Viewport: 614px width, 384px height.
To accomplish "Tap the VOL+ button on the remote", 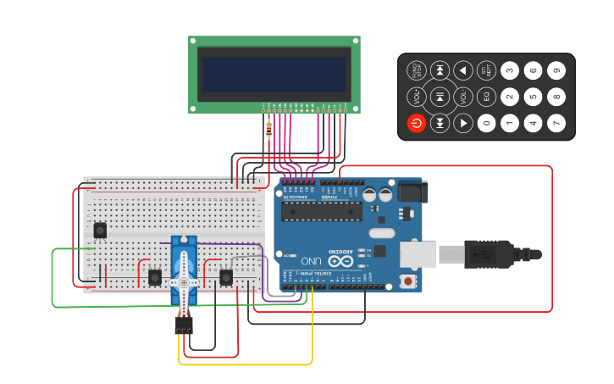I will click(x=416, y=97).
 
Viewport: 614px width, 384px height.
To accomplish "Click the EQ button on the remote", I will click(x=486, y=97).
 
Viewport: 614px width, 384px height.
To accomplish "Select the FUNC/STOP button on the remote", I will click(x=416, y=70).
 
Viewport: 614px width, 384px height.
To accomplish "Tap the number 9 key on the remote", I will click(x=556, y=70).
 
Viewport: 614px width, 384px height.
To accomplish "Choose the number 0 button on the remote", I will click(x=486, y=124).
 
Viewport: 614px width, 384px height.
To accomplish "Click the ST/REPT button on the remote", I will click(x=486, y=70).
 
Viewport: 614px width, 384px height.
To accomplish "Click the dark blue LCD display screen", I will click(x=274, y=75).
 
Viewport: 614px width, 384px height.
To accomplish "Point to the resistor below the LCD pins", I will click(x=269, y=126).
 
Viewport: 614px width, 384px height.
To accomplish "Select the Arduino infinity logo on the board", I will click(x=340, y=262).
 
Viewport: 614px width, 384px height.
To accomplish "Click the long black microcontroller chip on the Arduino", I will click(x=321, y=211).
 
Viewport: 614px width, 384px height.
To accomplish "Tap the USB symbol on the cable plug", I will click(x=479, y=253).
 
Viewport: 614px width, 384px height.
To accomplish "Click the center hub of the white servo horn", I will click(x=184, y=282).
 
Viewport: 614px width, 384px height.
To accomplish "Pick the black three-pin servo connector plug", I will click(x=184, y=325).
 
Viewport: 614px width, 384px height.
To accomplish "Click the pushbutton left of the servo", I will click(x=155, y=277).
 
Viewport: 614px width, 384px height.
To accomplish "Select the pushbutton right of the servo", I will click(x=226, y=277).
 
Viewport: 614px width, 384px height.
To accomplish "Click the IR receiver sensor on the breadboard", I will click(x=100, y=230).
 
